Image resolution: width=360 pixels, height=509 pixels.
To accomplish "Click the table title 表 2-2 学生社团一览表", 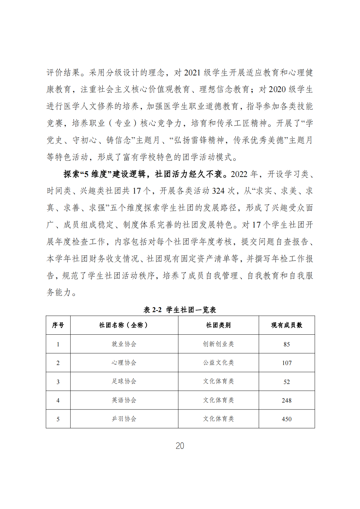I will click(x=180, y=310).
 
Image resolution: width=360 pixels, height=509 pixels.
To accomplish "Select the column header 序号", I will click(x=58, y=325).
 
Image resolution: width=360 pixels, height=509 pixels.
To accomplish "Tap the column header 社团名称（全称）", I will click(x=124, y=325).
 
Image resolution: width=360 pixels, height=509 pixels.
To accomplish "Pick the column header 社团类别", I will click(x=218, y=325).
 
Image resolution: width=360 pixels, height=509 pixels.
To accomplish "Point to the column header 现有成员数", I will click(x=286, y=325).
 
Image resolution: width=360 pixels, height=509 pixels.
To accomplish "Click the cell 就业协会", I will click(x=124, y=344).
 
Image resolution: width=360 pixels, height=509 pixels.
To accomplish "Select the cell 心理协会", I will click(x=124, y=363).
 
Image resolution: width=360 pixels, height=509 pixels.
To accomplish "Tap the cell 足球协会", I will click(x=124, y=381).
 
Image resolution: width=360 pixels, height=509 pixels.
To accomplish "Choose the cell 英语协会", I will click(x=124, y=400).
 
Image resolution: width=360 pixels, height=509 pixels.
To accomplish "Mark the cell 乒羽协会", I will click(x=124, y=419).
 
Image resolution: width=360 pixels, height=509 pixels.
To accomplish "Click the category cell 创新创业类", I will click(x=218, y=344).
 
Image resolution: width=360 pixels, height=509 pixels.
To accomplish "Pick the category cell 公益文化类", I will click(x=218, y=363).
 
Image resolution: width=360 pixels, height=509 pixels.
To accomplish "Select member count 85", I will click(x=286, y=344).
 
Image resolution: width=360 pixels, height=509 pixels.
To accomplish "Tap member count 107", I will click(x=286, y=363).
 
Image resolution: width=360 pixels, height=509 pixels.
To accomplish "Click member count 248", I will click(x=286, y=401).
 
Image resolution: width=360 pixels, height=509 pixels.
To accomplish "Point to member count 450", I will click(x=286, y=419).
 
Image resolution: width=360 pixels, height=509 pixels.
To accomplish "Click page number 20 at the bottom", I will click(x=180, y=446).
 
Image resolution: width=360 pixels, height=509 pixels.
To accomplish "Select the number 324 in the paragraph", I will click(x=219, y=191).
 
